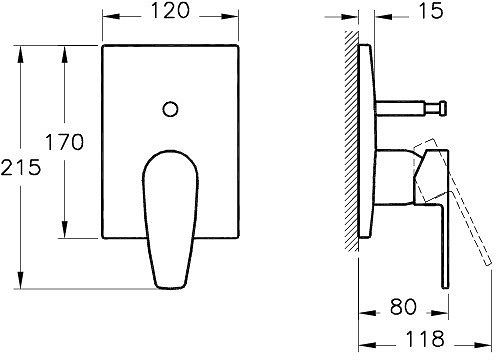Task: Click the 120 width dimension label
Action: (x=170, y=11)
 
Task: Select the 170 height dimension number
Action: (x=64, y=142)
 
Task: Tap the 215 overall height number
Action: (x=21, y=167)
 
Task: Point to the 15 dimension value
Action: (x=431, y=11)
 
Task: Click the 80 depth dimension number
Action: (x=403, y=307)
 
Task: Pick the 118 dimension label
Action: (x=425, y=339)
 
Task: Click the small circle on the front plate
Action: (x=170, y=109)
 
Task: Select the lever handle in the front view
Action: (x=170, y=219)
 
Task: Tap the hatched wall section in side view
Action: (x=351, y=141)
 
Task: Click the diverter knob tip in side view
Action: (x=443, y=108)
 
